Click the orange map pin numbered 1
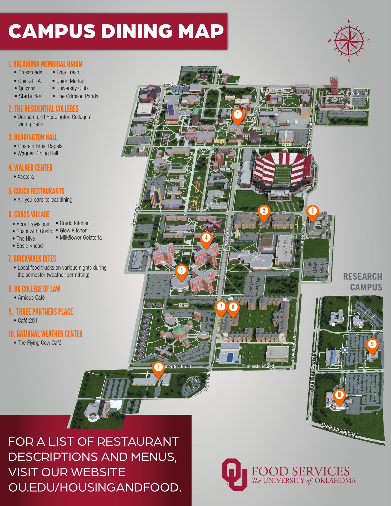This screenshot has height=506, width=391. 237,115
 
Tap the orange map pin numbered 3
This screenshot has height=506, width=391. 312,212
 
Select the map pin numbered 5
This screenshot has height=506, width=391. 181,271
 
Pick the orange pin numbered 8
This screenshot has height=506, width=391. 158,368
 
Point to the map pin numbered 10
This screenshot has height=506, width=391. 339,396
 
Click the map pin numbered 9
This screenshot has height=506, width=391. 372,345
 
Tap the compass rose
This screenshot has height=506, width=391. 349,41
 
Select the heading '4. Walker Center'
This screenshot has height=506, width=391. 31,168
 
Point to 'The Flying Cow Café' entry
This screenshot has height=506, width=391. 39,343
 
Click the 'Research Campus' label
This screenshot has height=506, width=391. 363,282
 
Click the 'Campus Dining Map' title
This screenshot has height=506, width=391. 116,31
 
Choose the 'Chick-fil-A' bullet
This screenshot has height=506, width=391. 29,81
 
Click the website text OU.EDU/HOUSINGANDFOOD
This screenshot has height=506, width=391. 95,487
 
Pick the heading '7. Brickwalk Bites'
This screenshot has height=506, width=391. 32,259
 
